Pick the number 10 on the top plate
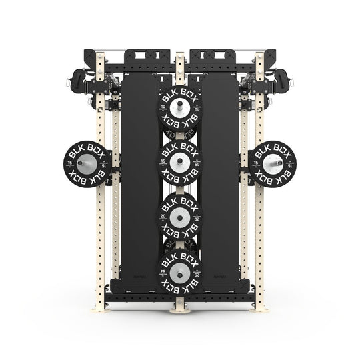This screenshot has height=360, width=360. [x=164, y=107]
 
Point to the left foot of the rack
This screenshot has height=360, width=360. [x=100, y=309]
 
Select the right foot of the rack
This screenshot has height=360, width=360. [x=260, y=309]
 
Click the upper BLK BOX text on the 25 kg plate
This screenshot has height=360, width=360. [x=180, y=256]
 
